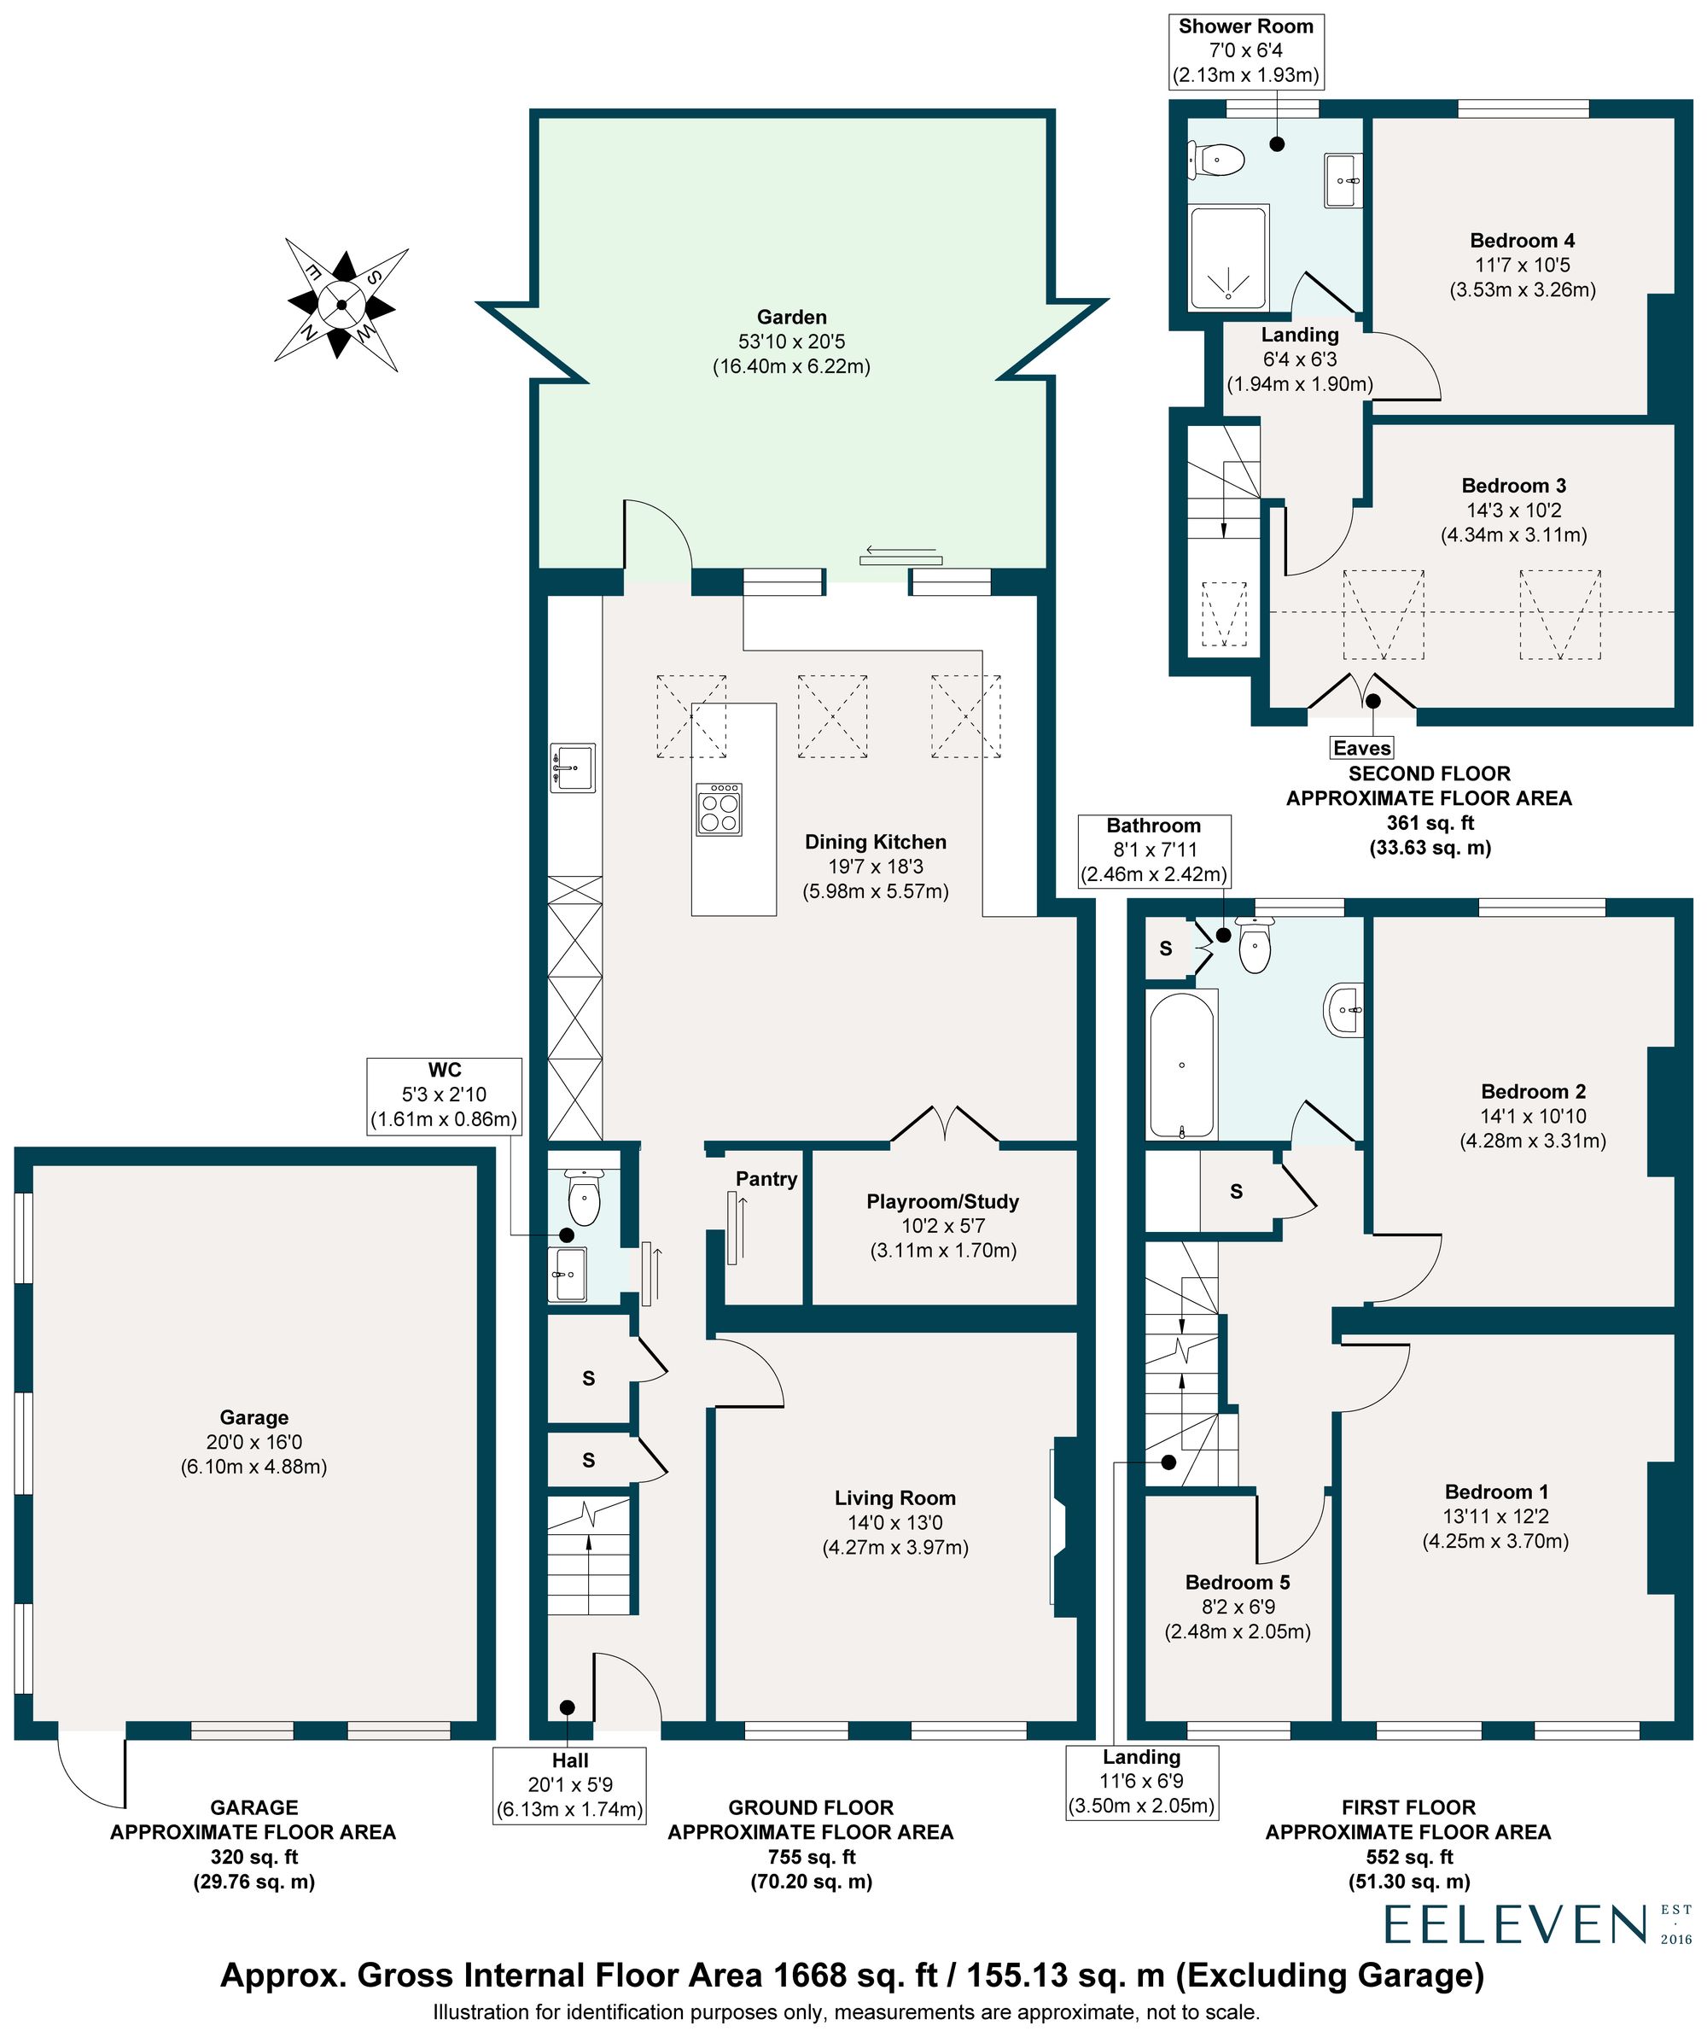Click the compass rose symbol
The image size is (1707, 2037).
341,305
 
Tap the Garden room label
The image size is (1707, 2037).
791,318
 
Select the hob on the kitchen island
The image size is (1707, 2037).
719,809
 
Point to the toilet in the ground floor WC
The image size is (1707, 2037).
584,1199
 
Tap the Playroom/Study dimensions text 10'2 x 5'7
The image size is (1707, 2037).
943,1226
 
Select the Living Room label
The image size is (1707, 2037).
894,1498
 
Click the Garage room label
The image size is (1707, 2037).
253,1417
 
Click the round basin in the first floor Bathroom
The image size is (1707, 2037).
1343,1010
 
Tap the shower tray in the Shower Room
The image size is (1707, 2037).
1228,257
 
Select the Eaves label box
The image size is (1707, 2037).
1361,748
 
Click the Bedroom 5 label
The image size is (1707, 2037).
1237,1582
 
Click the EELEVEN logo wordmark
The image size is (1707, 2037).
1515,1924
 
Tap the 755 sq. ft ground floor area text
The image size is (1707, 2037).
811,1857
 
